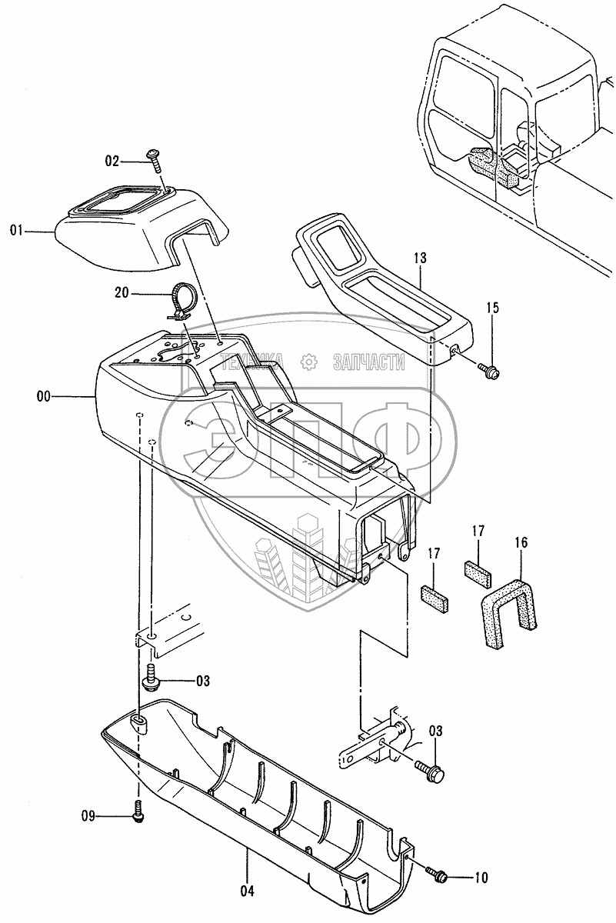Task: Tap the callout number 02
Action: [113, 161]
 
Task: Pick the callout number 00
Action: [43, 396]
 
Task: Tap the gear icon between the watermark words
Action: [310, 361]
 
